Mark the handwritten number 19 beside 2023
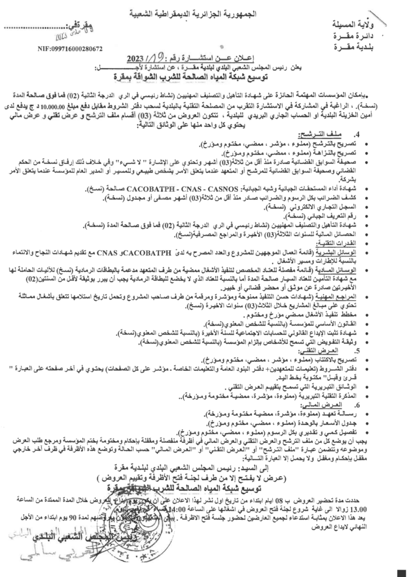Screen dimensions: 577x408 [158, 56]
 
